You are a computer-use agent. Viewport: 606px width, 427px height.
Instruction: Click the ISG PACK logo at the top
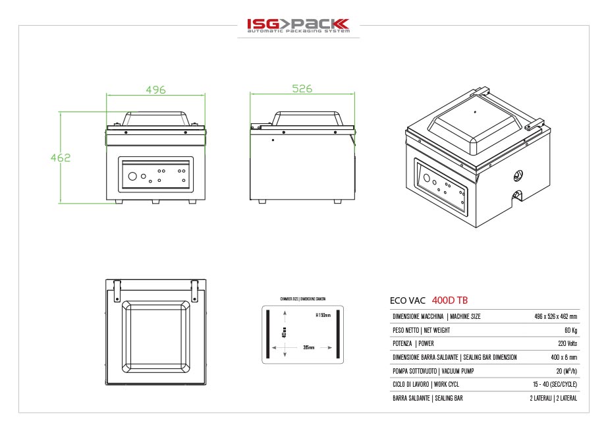(298, 26)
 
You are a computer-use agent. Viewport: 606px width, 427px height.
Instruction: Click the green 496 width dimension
(155, 89)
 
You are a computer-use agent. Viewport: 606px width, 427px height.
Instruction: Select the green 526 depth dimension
(302, 89)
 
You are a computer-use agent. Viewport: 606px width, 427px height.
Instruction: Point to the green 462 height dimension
(60, 157)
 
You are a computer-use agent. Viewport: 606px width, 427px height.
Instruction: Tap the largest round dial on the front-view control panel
(132, 176)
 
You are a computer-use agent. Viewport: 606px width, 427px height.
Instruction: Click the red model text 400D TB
(450, 300)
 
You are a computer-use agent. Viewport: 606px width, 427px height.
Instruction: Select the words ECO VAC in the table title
(408, 300)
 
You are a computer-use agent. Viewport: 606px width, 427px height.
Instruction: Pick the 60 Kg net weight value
(570, 330)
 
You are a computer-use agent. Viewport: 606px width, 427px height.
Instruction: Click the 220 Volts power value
(566, 344)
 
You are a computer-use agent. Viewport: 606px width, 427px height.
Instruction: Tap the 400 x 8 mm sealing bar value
(564, 357)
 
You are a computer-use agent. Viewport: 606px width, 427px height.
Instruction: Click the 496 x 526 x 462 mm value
(556, 317)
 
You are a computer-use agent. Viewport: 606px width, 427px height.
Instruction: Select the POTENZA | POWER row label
(413, 344)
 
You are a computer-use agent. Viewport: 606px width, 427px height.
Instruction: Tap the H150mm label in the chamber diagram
(322, 315)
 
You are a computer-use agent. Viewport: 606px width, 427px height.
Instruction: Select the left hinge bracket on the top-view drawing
(117, 289)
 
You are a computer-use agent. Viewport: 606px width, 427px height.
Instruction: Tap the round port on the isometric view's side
(517, 175)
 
